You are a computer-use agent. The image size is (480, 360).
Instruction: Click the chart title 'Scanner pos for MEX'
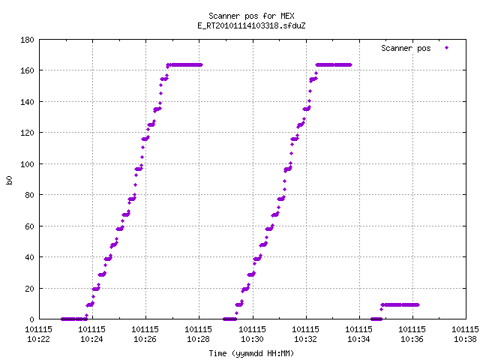coord(251,16)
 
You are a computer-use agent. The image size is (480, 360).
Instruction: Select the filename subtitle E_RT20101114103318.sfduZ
coord(251,25)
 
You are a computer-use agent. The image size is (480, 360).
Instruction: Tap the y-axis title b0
coord(10,180)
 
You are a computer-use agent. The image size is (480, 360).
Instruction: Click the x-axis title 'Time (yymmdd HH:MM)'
coord(251,353)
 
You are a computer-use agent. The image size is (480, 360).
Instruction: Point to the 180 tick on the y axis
coord(27,40)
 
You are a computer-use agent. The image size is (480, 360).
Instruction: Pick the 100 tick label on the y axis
coord(27,164)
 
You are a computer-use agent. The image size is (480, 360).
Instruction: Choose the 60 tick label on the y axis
coord(29,226)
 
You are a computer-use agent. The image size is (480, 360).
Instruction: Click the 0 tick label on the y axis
coord(31,319)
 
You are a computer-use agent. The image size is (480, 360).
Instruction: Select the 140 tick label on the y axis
coord(27,102)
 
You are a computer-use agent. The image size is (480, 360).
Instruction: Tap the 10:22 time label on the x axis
coord(38,339)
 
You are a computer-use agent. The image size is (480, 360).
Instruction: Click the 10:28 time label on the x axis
coord(198,339)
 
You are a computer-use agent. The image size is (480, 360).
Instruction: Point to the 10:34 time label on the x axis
coord(358,339)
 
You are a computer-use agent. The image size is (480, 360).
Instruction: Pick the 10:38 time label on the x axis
coord(465,339)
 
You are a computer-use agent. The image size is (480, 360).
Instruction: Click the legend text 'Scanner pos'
coord(406,48)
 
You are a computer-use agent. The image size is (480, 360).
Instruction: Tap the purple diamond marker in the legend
coord(447,48)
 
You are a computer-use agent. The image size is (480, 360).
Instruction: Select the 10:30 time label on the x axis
coord(252,339)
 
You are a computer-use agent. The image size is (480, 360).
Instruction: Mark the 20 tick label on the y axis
coord(29,288)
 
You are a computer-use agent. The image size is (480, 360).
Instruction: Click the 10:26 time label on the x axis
coord(145,339)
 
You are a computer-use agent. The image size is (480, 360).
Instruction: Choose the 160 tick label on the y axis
coord(27,70)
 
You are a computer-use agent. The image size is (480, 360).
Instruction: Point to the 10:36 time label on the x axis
coord(412,339)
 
